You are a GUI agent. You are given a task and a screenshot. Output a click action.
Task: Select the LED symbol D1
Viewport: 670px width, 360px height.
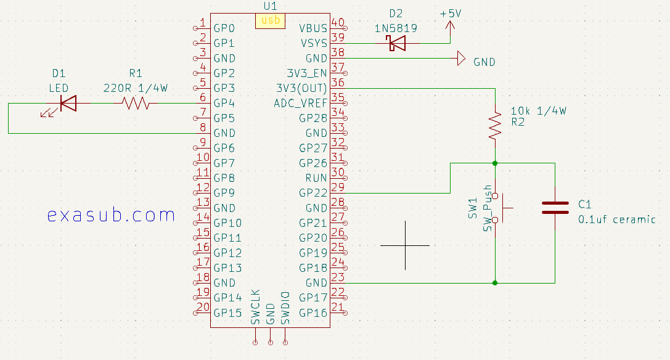[x=68, y=104]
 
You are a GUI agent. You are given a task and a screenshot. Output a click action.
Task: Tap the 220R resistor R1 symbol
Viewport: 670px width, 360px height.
[x=136, y=104]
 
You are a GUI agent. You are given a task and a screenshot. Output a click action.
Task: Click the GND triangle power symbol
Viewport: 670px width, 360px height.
[x=460, y=59]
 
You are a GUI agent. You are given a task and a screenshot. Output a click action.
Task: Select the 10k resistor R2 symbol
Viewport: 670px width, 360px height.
[x=495, y=125]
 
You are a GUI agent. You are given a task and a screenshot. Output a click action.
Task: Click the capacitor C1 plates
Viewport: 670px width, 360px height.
[x=555, y=207]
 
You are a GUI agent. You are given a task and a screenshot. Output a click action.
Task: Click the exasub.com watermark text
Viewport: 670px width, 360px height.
[x=111, y=215]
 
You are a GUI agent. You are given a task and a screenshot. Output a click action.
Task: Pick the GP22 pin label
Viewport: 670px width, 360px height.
[x=313, y=193]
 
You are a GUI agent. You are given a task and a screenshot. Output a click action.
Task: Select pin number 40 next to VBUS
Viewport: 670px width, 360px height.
[x=337, y=23]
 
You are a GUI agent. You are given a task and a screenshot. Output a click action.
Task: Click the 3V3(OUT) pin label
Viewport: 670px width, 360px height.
[x=302, y=88]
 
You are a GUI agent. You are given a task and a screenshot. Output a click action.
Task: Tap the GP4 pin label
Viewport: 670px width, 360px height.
[x=224, y=103]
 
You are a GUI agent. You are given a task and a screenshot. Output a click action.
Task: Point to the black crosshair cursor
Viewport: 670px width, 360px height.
[x=405, y=245]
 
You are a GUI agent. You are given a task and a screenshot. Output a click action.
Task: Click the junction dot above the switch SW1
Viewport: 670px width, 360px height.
[x=495, y=163]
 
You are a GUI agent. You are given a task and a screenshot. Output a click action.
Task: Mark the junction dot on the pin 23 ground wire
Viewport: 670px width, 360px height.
[x=495, y=283]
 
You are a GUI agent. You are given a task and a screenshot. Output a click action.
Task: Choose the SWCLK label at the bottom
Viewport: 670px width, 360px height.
[x=255, y=306]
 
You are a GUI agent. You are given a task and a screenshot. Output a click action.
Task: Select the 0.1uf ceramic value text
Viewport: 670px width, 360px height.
[x=616, y=219]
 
